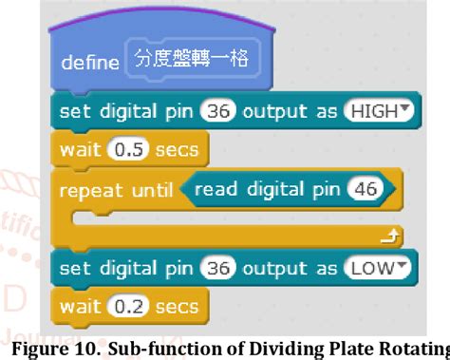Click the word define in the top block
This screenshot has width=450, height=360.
point(89,63)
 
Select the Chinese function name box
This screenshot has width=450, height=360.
point(190,60)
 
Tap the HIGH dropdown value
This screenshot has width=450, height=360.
point(380,111)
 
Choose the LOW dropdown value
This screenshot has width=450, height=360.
point(381,268)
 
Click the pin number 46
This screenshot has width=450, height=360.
point(364,190)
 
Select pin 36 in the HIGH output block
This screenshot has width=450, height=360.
point(219,111)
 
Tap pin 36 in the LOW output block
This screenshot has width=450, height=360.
point(219,268)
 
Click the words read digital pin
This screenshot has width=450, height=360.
point(268,190)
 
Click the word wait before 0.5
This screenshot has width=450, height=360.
point(79,149)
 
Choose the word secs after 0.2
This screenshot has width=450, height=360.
point(178,306)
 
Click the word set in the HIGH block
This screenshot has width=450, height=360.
point(72,111)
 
